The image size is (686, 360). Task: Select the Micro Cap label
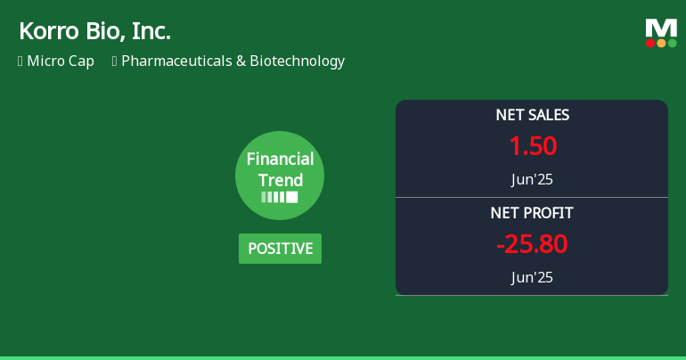[x=61, y=61]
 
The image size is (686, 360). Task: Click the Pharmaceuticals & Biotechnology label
[x=233, y=61]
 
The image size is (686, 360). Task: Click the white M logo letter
[x=661, y=29]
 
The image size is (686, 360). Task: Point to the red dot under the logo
[x=650, y=43]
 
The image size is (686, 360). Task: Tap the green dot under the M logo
[x=672, y=43]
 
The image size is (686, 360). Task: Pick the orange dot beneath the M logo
[x=661, y=43]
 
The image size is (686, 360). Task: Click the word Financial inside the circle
[x=280, y=160]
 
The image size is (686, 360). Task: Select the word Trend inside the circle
[x=280, y=180]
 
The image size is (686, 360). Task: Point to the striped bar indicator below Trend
[x=280, y=197]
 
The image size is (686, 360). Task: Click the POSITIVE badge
[x=280, y=249]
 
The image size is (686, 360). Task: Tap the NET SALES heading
[x=532, y=115]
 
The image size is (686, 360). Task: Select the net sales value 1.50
[x=532, y=146]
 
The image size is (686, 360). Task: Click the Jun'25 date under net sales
[x=532, y=179]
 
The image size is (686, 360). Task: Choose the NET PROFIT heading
[x=532, y=213]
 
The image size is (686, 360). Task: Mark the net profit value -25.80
[x=532, y=244]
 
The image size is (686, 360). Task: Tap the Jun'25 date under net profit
[x=532, y=277]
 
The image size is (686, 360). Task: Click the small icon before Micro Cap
[x=20, y=61]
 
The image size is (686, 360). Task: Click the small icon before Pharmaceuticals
[x=115, y=61]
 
